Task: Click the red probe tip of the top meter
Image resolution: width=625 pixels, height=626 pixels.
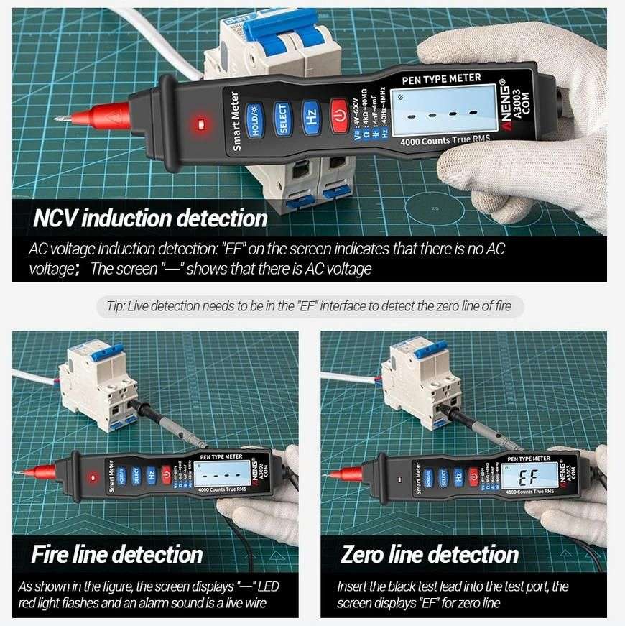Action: [x=101, y=114]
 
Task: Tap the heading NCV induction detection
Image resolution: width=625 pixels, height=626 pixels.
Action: [x=150, y=218]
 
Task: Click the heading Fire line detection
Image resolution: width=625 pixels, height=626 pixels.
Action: [x=116, y=554]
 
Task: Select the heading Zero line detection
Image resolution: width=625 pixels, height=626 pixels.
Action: [x=429, y=554]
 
